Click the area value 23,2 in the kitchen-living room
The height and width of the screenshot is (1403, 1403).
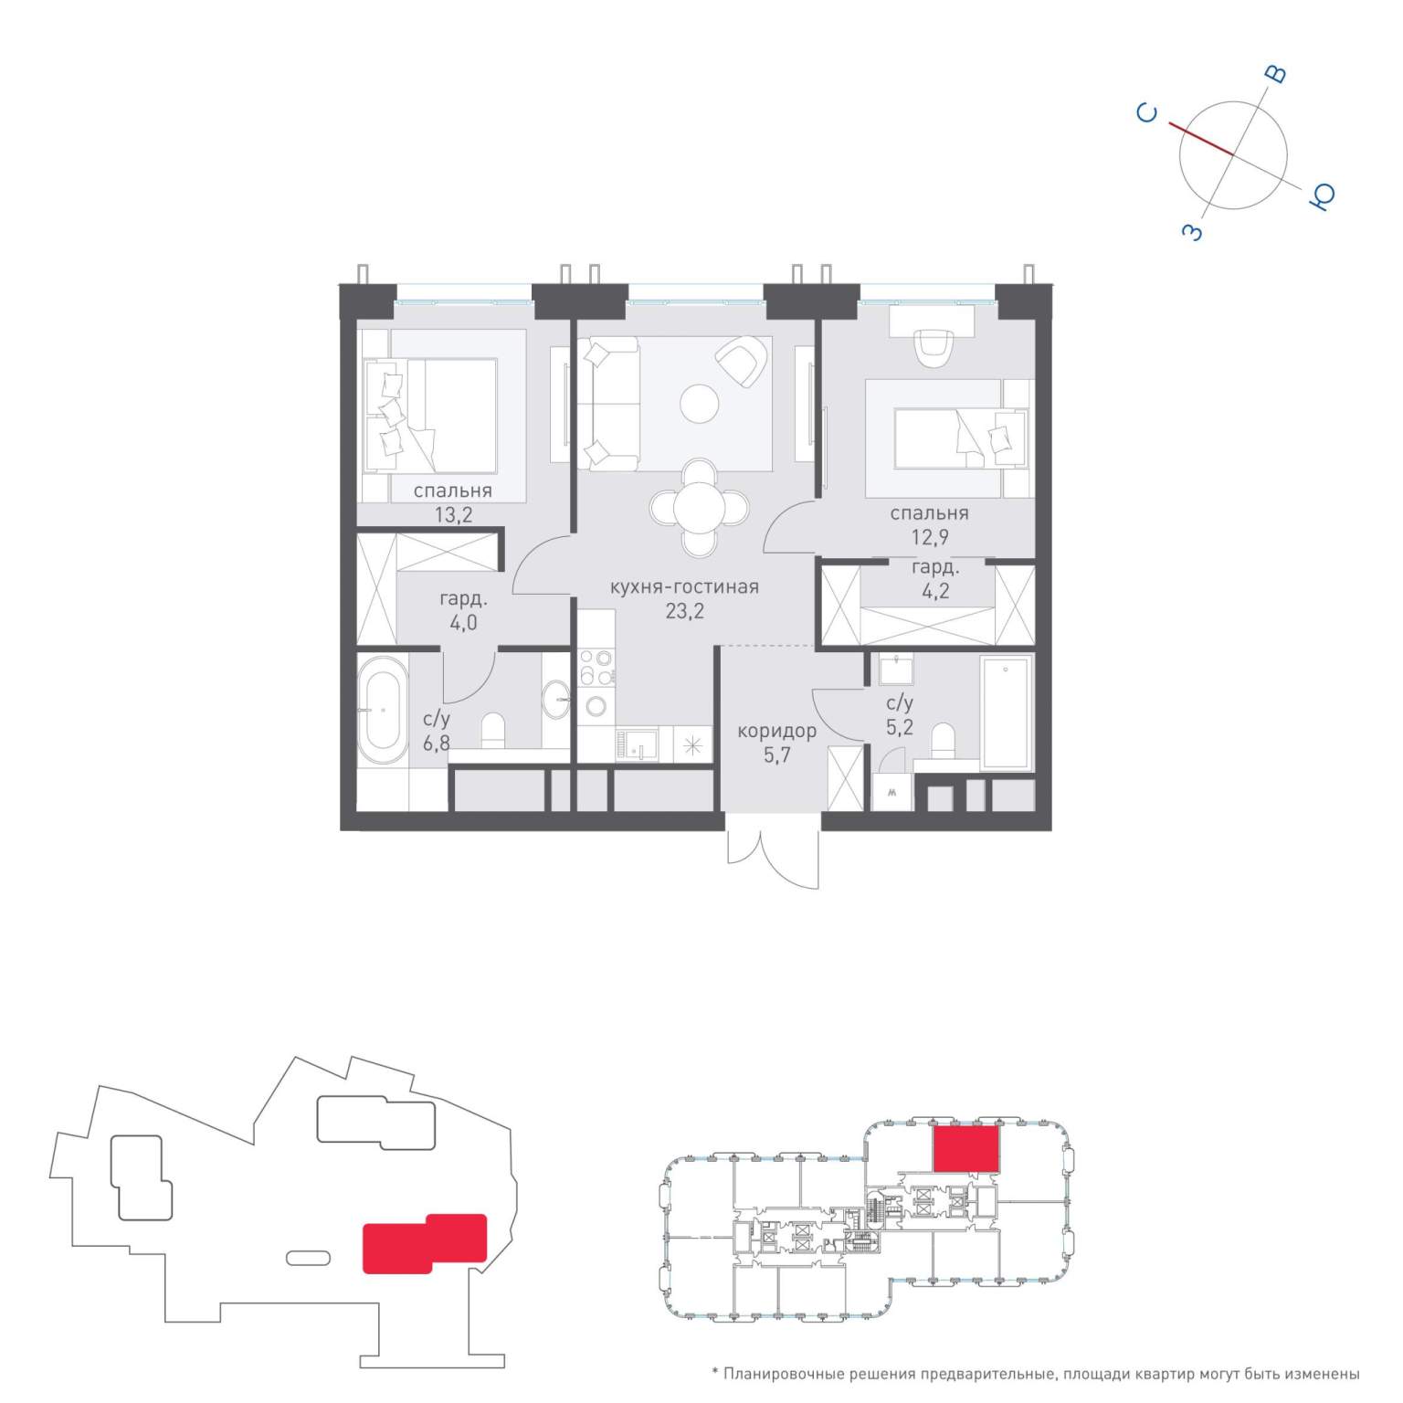pos(684,612)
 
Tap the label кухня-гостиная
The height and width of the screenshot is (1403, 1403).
pos(684,587)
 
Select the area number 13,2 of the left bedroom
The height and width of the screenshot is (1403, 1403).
pos(453,515)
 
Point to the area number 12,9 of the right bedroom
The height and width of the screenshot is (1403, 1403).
pos(930,538)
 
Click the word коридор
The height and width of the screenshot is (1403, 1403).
pos(776,732)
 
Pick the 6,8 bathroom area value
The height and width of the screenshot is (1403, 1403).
pos(437,743)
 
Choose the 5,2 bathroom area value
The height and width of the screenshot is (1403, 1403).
pos(900,728)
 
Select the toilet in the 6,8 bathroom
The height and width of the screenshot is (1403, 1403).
pos(492,732)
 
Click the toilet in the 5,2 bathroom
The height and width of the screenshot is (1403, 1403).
pos(943,741)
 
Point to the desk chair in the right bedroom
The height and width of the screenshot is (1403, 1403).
pos(933,347)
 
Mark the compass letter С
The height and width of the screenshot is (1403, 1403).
pos(1148,113)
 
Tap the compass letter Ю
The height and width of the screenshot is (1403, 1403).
pos(1323,195)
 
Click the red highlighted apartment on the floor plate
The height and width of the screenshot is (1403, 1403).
pos(965,1148)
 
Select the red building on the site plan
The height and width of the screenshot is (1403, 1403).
pos(425,1243)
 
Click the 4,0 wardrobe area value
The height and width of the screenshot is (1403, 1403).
pos(463,624)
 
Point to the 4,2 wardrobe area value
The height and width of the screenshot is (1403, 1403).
pos(935,591)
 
